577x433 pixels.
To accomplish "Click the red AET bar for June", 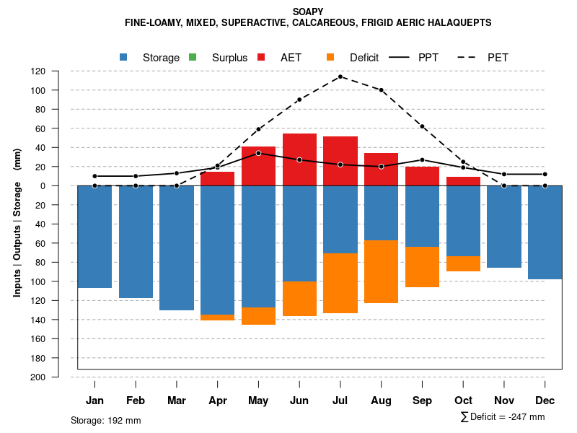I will (x=299, y=159).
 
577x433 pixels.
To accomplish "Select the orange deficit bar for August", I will (x=381, y=271).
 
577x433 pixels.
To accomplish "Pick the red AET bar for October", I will (x=463, y=181).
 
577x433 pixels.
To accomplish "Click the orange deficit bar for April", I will (x=217, y=318).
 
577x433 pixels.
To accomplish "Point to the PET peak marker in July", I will (x=340, y=76).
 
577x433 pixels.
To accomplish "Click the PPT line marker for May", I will (x=258, y=153).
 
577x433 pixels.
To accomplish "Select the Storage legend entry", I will (x=151, y=58).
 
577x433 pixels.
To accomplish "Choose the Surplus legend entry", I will (x=220, y=58).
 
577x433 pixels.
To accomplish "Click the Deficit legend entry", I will (x=353, y=58).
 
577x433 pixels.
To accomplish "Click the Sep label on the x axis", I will (x=423, y=401).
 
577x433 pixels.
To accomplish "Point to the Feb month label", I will (x=136, y=401).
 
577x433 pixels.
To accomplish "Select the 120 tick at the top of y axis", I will (x=38, y=71).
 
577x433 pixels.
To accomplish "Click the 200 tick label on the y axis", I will (x=38, y=377).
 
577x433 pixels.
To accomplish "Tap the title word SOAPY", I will (x=308, y=12).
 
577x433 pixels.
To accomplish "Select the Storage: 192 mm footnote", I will (x=106, y=420).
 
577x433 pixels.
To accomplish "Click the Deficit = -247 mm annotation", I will (x=503, y=417).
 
